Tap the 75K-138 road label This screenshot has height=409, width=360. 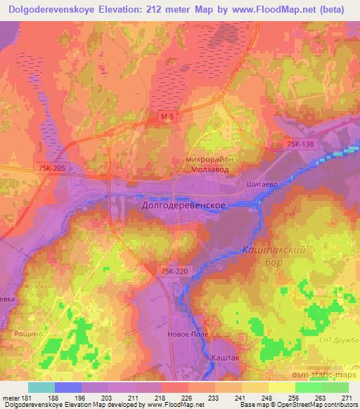click(300, 144)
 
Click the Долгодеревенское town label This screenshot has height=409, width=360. click(184, 205)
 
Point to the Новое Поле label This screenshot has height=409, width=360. click(188, 335)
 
